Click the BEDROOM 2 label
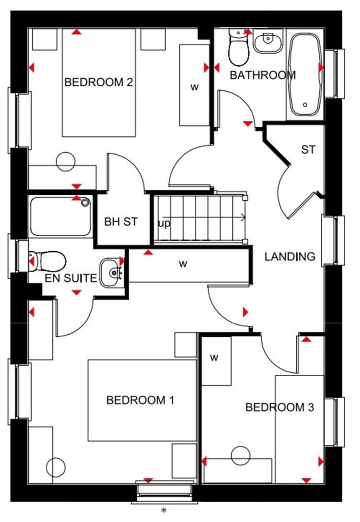[99, 82]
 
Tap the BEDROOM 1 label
[140, 400]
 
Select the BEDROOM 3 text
[279, 407]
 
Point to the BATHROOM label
[263, 75]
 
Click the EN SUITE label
[71, 278]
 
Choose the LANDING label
[290, 257]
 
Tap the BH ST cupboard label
[121, 222]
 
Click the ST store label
[308, 150]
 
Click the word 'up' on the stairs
[164, 224]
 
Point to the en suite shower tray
[60, 216]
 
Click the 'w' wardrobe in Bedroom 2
[194, 87]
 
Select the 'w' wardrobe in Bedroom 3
[214, 358]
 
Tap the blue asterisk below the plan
[163, 510]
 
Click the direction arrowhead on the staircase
[243, 218]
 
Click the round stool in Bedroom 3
[241, 456]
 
